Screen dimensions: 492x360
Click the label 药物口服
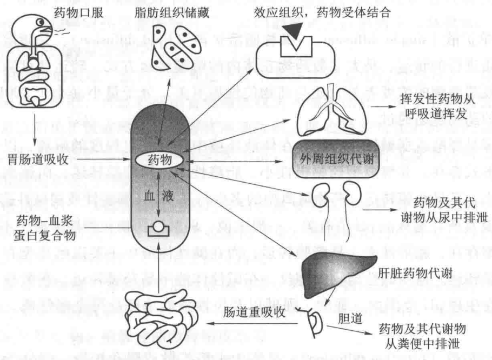[78, 13]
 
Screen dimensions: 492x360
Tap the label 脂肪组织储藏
[171, 13]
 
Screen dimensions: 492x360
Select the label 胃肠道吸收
[38, 159]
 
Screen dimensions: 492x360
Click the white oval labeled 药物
[159, 160]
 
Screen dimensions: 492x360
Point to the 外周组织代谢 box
[336, 159]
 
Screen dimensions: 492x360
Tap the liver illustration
[337, 275]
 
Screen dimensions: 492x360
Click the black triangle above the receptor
[293, 31]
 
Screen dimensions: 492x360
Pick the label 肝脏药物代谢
[415, 273]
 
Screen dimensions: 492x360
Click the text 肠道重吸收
[254, 312]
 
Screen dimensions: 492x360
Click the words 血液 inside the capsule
[159, 196]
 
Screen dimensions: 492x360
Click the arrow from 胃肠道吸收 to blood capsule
[103, 159]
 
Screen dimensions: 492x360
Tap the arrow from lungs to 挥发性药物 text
[384, 106]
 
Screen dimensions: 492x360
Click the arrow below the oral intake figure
[35, 129]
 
